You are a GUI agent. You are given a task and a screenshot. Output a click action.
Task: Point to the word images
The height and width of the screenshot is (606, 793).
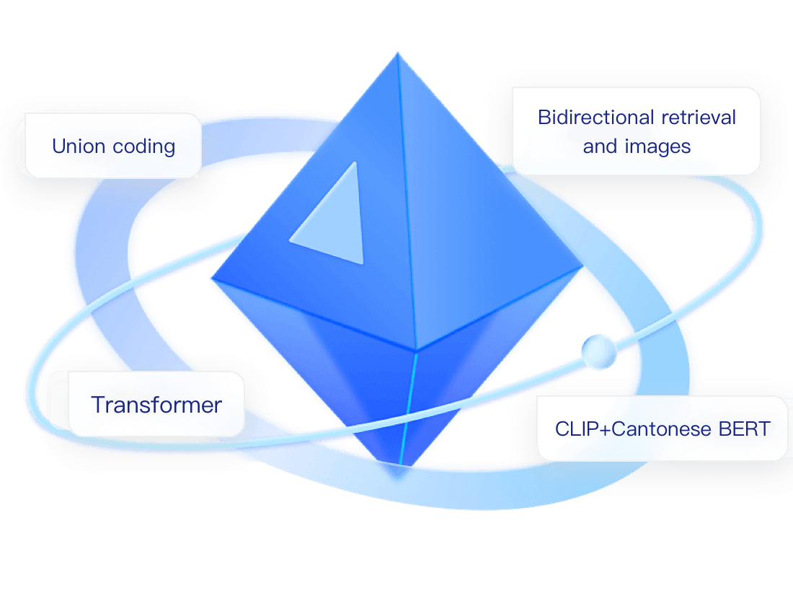click(x=657, y=146)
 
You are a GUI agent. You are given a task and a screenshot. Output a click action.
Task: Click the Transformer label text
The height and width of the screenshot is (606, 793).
click(x=156, y=405)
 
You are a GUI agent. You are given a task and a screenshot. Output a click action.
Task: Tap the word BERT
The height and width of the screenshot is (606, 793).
click(x=745, y=429)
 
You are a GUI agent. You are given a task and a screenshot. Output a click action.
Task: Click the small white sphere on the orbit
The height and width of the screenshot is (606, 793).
click(x=600, y=351)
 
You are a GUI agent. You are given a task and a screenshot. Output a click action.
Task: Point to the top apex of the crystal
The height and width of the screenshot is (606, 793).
click(x=396, y=54)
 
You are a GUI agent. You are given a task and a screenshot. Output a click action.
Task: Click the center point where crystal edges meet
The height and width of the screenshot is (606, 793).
click(x=416, y=352)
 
